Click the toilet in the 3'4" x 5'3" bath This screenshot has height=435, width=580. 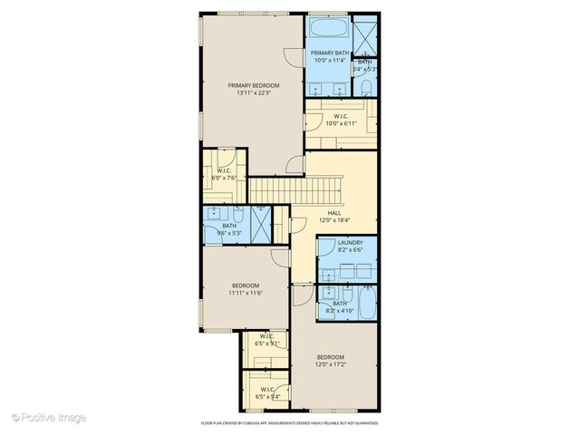363,85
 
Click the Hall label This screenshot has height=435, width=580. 334,213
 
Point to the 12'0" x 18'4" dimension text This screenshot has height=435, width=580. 334,220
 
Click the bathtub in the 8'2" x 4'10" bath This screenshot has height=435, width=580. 367,304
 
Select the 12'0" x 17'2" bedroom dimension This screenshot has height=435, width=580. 331,364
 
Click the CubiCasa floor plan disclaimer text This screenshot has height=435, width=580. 290,423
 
